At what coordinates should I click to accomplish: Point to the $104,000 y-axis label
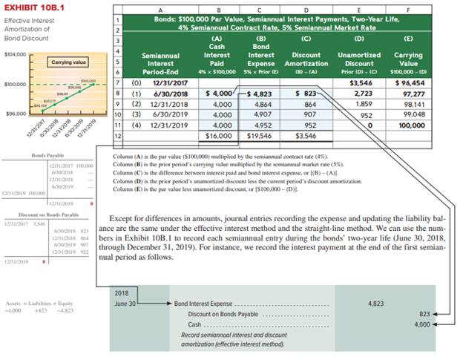click(x=14, y=54)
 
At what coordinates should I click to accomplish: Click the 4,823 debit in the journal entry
click(x=375, y=304)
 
